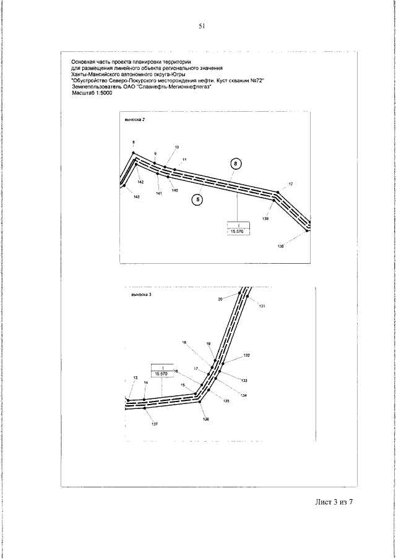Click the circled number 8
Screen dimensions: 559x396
click(x=236, y=163)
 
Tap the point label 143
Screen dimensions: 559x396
click(x=136, y=196)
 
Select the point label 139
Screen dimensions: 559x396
click(x=265, y=218)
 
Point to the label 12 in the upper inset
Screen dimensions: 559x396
click(x=290, y=184)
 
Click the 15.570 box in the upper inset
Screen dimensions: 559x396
click(x=237, y=231)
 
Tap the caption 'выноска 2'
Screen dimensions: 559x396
click(x=134, y=119)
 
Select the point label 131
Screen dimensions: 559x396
click(x=262, y=306)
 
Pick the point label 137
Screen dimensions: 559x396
click(x=154, y=424)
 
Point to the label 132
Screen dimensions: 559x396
click(x=246, y=356)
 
